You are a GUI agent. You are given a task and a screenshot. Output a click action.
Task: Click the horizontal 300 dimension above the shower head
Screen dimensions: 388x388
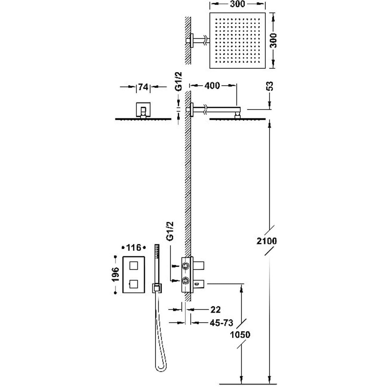[237, 4]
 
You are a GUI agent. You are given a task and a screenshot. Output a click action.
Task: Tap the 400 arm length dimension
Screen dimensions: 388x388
[212, 86]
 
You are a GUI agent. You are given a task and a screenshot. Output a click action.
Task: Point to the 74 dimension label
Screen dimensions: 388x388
[143, 87]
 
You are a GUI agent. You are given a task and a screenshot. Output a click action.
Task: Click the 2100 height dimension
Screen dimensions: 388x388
[266, 241]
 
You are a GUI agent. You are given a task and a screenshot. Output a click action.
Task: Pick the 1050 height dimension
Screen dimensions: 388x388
[240, 335]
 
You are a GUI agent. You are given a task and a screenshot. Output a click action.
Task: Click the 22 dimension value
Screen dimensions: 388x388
[215, 310]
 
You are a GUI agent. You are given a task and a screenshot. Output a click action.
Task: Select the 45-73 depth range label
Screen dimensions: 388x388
[221, 322]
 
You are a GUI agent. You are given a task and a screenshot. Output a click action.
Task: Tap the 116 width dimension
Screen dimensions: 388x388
[133, 247]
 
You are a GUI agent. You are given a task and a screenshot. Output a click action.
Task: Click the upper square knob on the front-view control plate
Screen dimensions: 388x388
[133, 266]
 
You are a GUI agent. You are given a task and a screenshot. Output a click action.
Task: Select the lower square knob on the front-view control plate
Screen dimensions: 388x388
[133, 284]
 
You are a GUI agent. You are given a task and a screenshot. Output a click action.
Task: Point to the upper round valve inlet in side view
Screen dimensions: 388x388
[185, 266]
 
